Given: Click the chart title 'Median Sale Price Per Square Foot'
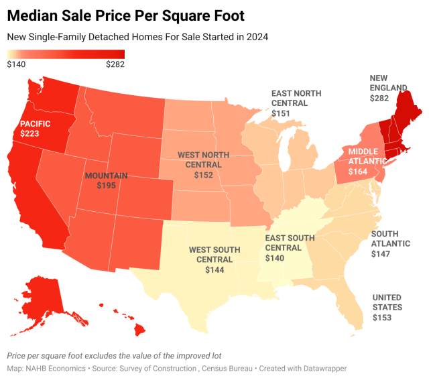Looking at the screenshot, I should coord(125,15).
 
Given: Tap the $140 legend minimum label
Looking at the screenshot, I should coord(17,64).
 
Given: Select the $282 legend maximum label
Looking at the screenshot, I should coord(115,64).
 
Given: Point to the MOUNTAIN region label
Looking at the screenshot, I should coord(107,175).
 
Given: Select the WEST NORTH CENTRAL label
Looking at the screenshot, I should coord(204,160).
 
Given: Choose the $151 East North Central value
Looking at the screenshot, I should coord(280,114).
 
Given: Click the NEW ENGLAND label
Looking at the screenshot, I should coord(388,83).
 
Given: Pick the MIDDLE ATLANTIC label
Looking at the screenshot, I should coord(367,156).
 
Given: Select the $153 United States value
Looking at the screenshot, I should coord(383,318).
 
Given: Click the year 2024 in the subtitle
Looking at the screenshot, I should coord(255,37).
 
